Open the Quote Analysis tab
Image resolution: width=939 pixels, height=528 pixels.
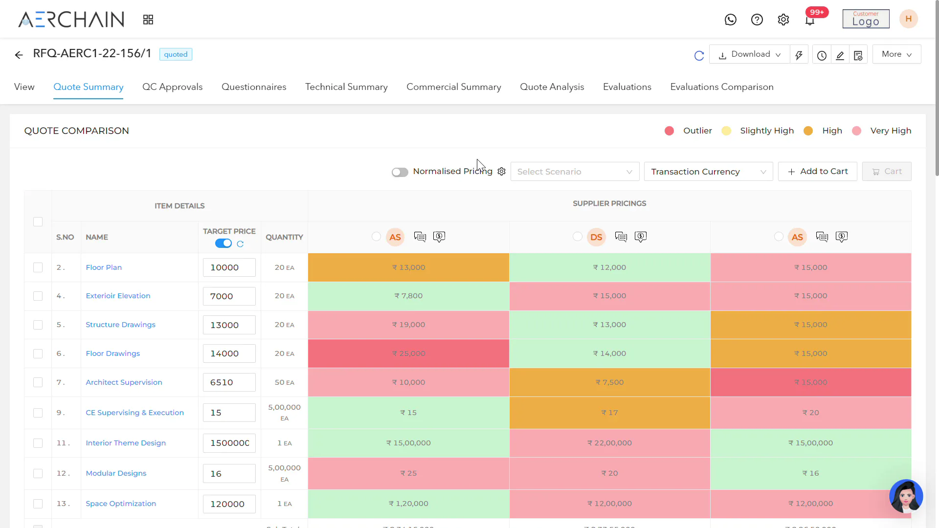pos(552,87)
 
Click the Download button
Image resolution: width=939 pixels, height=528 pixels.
pos(749,54)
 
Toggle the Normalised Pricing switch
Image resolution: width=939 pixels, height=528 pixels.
pos(400,172)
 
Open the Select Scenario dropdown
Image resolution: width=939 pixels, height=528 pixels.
pos(575,172)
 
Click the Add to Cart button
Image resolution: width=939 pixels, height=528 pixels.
pos(817,172)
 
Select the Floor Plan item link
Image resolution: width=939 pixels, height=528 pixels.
pos(104,267)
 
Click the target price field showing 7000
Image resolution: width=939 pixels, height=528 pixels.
pos(229,296)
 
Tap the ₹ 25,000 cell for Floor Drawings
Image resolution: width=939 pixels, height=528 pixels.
pos(408,353)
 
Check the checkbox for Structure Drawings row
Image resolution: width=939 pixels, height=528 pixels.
pos(38,325)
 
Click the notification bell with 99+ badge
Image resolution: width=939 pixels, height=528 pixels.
pos(810,20)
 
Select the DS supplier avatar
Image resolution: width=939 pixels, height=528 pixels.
pos(596,237)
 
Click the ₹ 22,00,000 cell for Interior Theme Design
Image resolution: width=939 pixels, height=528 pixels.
pos(609,443)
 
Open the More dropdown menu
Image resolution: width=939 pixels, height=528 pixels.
pos(896,54)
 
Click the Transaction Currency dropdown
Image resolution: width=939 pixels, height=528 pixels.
pos(708,172)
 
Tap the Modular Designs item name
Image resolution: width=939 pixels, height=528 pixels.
pos(116,473)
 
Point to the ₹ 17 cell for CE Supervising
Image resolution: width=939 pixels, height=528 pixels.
pos(609,413)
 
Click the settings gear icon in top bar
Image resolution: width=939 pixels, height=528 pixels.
pos(783,20)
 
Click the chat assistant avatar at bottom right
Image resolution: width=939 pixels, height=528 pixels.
pos(906,496)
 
